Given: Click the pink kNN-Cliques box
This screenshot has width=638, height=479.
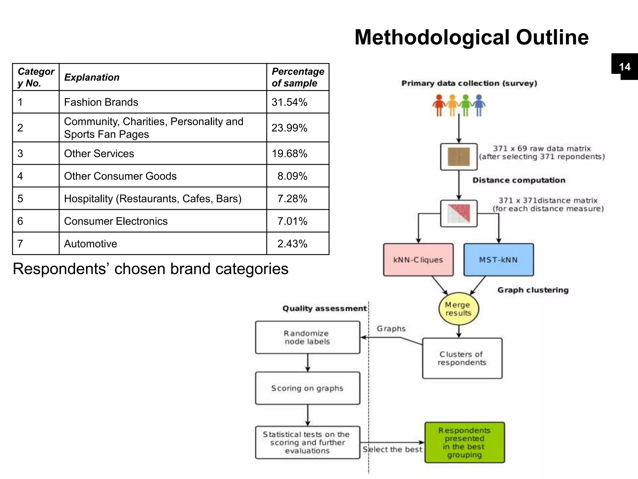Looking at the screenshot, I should click(x=418, y=259).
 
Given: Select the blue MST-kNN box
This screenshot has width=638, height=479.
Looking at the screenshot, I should click(x=498, y=259).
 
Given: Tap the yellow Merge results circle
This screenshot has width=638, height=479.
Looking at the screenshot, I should click(x=458, y=309).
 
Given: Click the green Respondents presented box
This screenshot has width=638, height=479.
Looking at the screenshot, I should click(x=464, y=442).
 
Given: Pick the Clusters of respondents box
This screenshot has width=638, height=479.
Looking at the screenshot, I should click(x=462, y=358).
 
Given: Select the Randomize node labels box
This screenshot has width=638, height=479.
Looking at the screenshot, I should click(x=307, y=337).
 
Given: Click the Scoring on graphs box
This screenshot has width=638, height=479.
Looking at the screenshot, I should click(x=307, y=388).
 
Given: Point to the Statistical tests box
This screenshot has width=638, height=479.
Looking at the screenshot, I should click(x=307, y=442).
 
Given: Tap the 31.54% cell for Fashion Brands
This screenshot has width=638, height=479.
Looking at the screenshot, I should click(x=290, y=102).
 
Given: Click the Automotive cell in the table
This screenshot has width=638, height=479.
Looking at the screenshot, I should click(x=91, y=244).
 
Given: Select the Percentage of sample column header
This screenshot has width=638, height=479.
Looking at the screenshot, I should click(x=298, y=77).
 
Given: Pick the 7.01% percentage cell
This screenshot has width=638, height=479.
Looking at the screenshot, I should click(x=292, y=221).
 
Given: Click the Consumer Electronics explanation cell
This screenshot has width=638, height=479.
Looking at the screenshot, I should click(x=116, y=221).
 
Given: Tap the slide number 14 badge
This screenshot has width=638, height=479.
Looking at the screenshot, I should click(x=625, y=67).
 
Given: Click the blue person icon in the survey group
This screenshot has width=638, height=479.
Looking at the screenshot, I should click(x=479, y=105).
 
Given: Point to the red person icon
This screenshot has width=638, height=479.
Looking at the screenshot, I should click(x=439, y=105).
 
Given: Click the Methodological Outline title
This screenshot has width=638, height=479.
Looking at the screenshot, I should click(x=471, y=37).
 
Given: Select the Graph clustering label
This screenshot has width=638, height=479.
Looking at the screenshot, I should click(x=533, y=290).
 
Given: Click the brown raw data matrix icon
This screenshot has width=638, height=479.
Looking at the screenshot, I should click(x=459, y=157).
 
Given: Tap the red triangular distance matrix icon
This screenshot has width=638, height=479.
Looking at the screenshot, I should click(x=459, y=213).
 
